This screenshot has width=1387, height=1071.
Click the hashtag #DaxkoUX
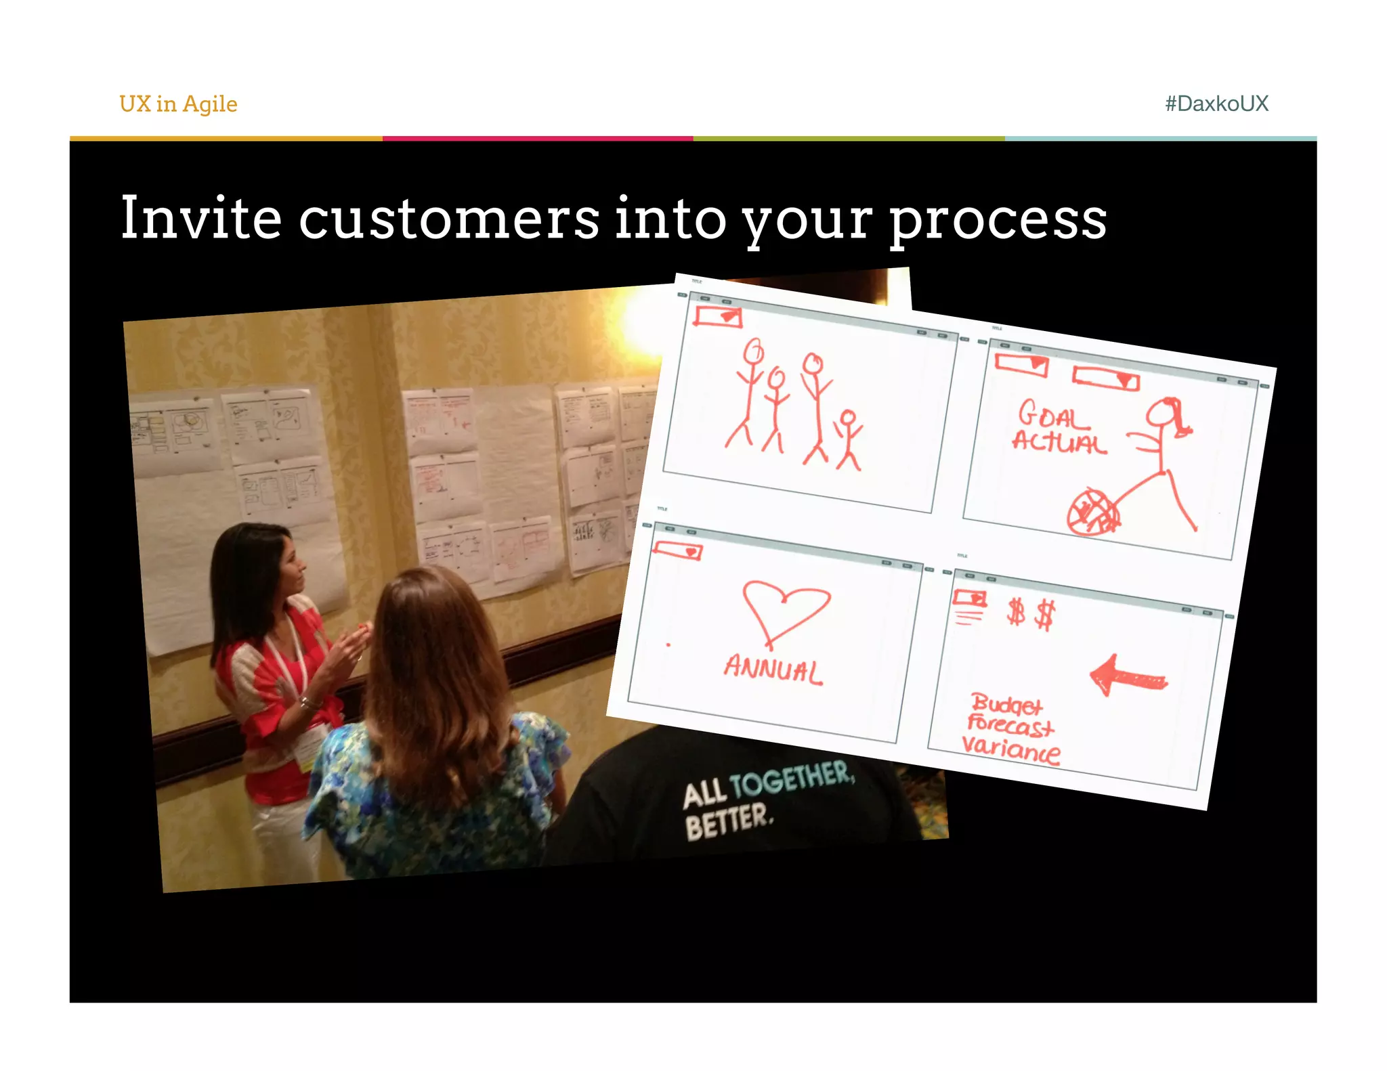(x=1216, y=104)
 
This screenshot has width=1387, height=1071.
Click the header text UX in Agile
(x=178, y=104)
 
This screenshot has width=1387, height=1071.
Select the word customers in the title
(x=449, y=219)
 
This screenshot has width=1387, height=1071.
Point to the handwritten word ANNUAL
(x=773, y=669)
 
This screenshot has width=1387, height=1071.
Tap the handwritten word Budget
(x=1006, y=705)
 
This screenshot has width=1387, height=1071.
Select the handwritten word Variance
(x=1011, y=749)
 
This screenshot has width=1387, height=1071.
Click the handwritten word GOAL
(x=1052, y=415)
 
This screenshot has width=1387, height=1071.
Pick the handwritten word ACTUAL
(x=1059, y=442)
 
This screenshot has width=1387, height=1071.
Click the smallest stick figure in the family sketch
(x=848, y=440)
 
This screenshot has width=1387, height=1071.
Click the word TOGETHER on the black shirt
(x=792, y=779)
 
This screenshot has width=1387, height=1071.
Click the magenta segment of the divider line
(x=538, y=139)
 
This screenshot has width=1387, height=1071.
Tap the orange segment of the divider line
(x=226, y=139)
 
